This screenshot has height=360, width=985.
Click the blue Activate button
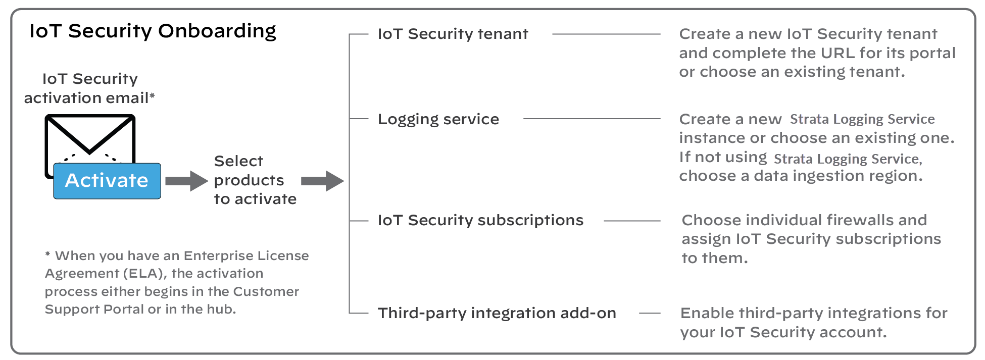pos(107,181)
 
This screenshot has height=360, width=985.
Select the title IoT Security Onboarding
pos(153,31)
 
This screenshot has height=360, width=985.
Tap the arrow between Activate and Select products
pos(186,181)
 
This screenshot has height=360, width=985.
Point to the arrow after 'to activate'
pos(322,181)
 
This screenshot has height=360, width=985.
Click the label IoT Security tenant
pos(453,34)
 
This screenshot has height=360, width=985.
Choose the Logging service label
pos(438,119)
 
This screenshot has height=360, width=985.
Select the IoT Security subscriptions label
pos(480,220)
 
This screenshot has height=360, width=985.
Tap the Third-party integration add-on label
pos(497,313)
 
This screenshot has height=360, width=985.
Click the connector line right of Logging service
pos(592,119)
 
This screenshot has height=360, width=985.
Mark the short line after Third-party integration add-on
pos(650,313)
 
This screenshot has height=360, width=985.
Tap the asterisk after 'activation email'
pos(152,95)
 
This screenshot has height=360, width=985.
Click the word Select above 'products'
pos(238,161)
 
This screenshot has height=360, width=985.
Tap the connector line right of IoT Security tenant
pos(606,34)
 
